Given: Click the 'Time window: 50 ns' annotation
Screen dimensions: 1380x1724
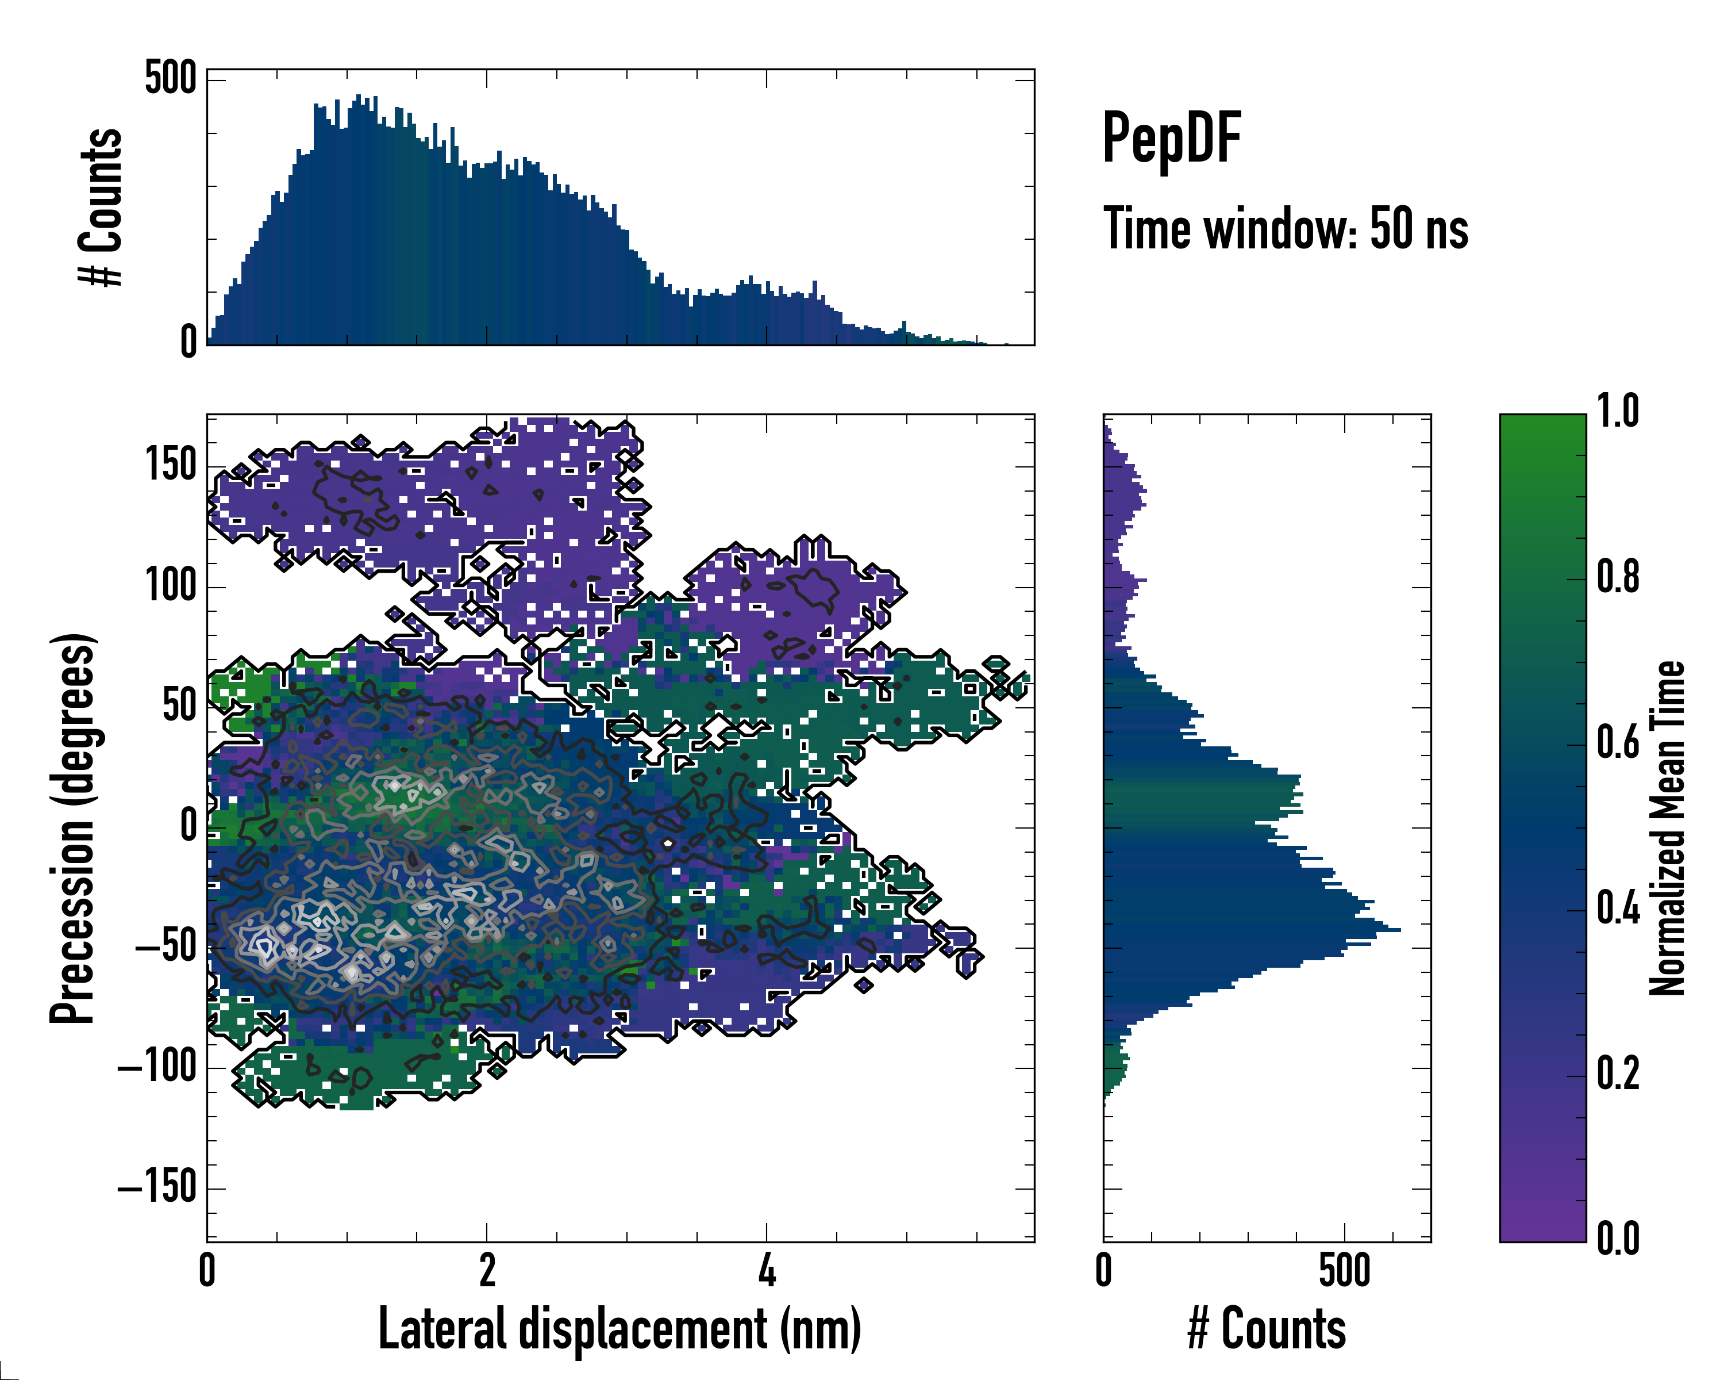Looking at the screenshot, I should pyautogui.click(x=1285, y=229).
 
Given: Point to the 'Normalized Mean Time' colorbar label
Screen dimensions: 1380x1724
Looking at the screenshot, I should pyautogui.click(x=1668, y=827).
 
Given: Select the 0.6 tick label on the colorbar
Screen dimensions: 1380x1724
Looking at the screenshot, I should pyautogui.click(x=1618, y=742).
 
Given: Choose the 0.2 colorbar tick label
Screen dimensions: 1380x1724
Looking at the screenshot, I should pyautogui.click(x=1618, y=1074).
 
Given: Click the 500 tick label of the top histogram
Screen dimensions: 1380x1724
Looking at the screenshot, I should pyautogui.click(x=170, y=79).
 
